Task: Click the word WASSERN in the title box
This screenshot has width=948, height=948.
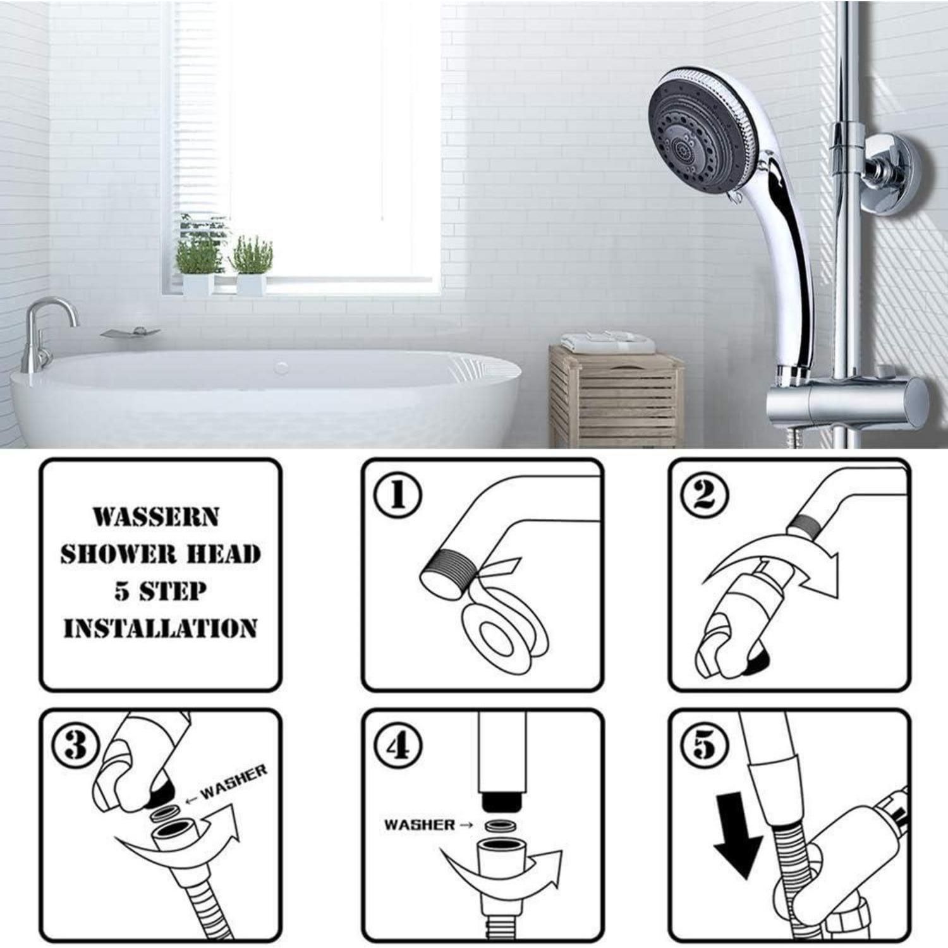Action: point(156,516)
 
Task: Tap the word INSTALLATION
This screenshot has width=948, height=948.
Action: point(161,628)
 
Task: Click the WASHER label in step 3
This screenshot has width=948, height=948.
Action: point(234,782)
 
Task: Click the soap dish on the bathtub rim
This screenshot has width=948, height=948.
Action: point(130,332)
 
